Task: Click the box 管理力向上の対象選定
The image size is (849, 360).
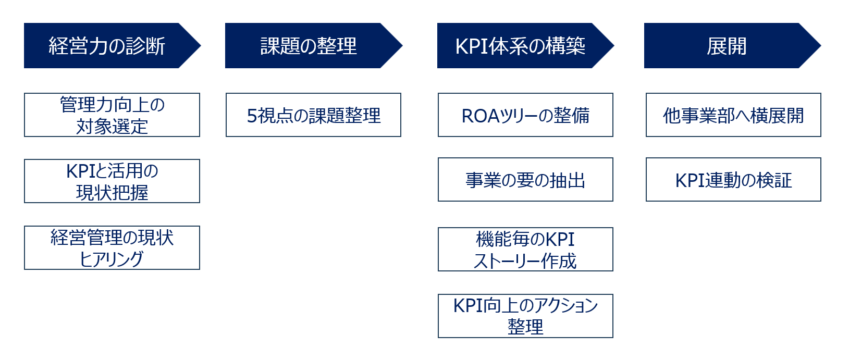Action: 112,115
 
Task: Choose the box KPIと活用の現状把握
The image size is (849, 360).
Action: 112,181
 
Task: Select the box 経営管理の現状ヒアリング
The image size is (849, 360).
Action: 112,248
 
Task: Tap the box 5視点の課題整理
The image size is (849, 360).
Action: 313,115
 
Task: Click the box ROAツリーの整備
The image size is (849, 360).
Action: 525,115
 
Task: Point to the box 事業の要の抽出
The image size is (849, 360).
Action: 525,180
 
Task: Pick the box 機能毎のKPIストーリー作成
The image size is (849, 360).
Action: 525,250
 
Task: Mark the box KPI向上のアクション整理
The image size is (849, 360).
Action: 525,316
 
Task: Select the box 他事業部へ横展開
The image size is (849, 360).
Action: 733,115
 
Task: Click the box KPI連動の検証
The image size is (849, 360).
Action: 733,180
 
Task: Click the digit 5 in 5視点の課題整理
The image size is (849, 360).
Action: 252,116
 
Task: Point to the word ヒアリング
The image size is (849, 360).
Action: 111,259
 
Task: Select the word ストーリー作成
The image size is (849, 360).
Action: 525,261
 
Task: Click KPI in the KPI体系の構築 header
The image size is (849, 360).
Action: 472,46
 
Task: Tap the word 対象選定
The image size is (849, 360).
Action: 112,126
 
